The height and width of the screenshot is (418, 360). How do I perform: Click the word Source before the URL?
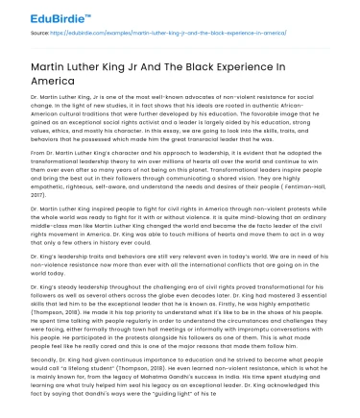coord(40,34)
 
